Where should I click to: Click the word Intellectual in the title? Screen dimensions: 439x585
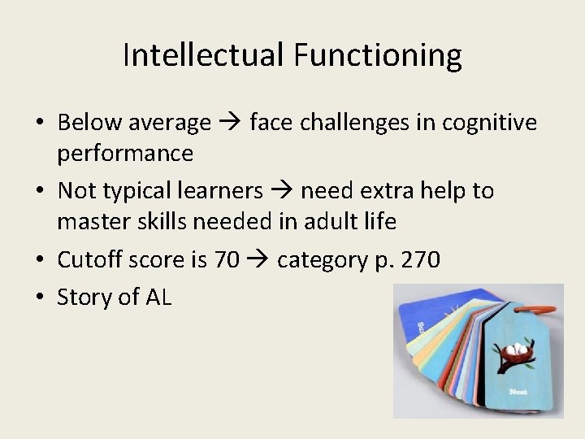(x=204, y=55)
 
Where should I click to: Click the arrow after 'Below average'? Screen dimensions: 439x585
(x=230, y=123)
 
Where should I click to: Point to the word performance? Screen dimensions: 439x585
(x=125, y=153)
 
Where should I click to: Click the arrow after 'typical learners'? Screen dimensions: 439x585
(x=282, y=191)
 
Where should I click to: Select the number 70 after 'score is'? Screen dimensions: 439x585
(x=226, y=260)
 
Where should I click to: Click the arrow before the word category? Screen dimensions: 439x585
(x=258, y=260)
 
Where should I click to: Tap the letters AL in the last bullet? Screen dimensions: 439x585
(x=158, y=297)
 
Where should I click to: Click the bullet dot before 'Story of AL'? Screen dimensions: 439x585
(x=40, y=297)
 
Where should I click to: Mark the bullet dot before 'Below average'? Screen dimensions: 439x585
(x=40, y=123)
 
